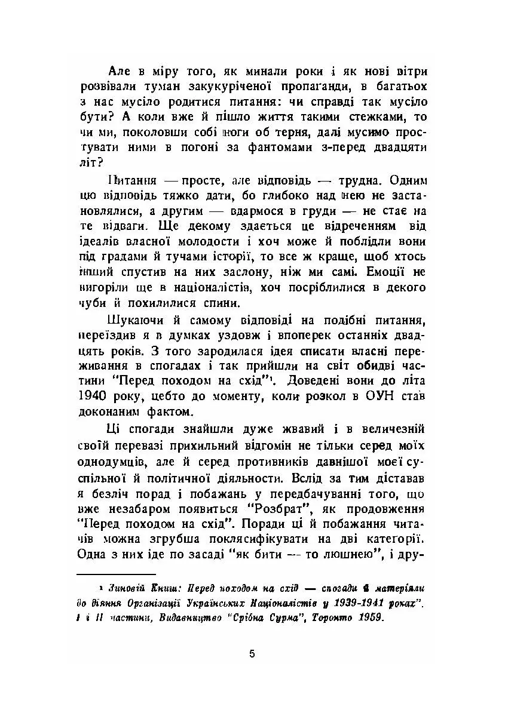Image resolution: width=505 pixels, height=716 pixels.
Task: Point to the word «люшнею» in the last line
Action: click(354, 554)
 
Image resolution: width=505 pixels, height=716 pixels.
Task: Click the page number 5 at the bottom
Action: click(252, 653)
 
